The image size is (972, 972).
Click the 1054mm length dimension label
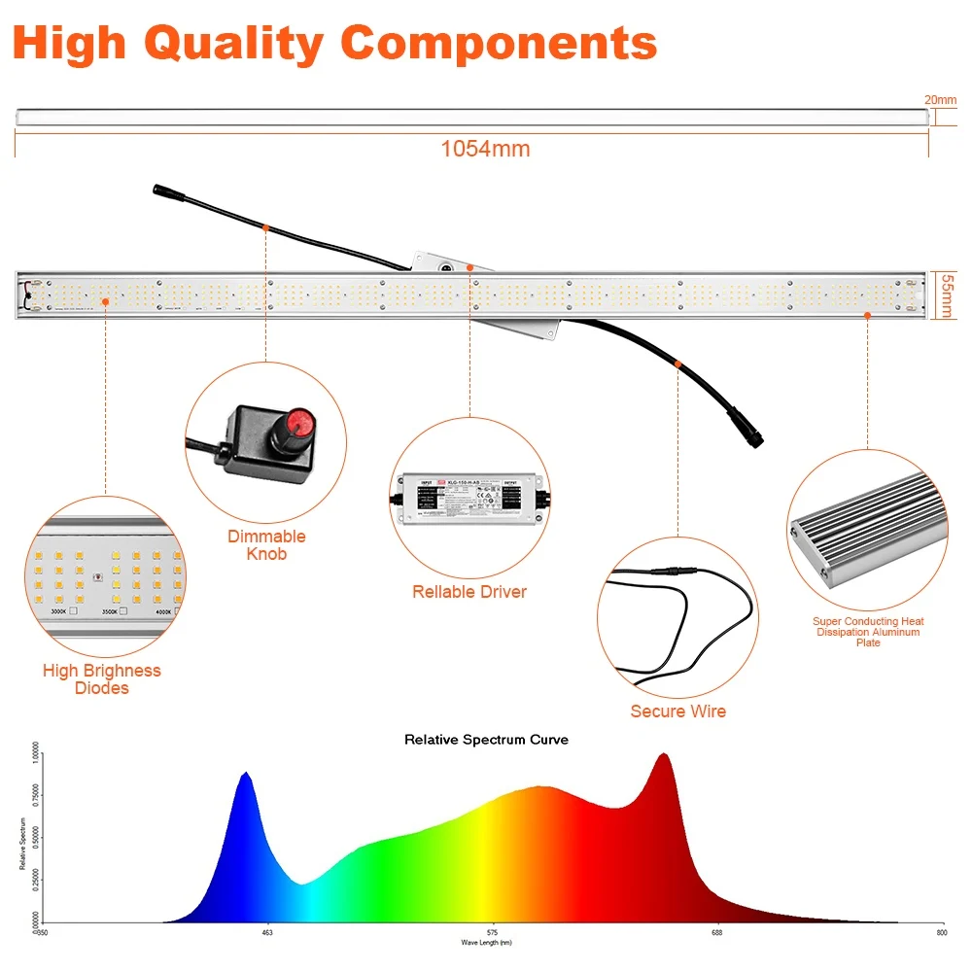pyautogui.click(x=485, y=149)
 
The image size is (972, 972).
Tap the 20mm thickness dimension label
pyautogui.click(x=942, y=99)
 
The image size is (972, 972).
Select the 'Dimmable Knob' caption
pyautogui.click(x=266, y=544)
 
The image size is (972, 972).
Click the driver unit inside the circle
pyautogui.click(x=469, y=498)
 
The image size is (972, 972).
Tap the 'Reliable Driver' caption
pyautogui.click(x=469, y=591)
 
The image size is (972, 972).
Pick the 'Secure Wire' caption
pyautogui.click(x=677, y=711)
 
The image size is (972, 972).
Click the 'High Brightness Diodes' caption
pyautogui.click(x=101, y=678)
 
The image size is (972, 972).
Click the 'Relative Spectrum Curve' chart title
pyautogui.click(x=486, y=740)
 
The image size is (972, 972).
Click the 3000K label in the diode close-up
pyautogui.click(x=60, y=611)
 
